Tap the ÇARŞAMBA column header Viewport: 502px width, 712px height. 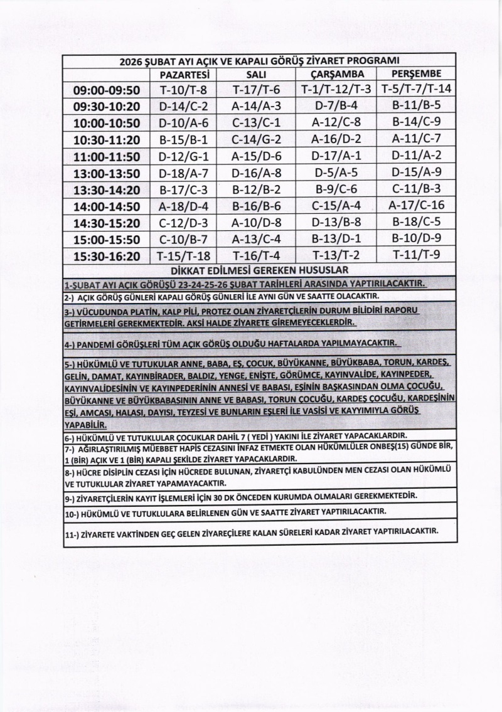pos(337,75)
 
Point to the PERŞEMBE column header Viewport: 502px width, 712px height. pos(416,75)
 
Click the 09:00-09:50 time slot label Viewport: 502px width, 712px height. pos(107,90)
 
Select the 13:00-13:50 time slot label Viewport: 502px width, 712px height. pos(107,172)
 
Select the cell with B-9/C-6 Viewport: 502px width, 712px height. pos(337,188)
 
